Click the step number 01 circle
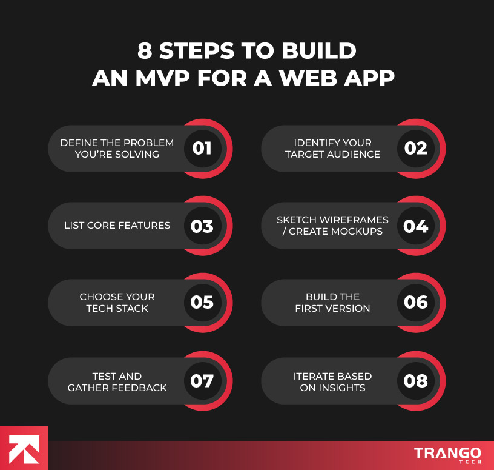[x=202, y=149]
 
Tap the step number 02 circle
[x=416, y=149]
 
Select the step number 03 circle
[x=202, y=226]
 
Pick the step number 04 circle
[x=416, y=226]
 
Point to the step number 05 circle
[x=202, y=302]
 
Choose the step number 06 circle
[x=416, y=302]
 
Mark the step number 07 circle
[x=202, y=381]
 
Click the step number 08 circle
[x=416, y=381]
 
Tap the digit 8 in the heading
[x=144, y=52]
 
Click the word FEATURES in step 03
[x=145, y=226]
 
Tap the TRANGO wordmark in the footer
[x=447, y=452]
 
